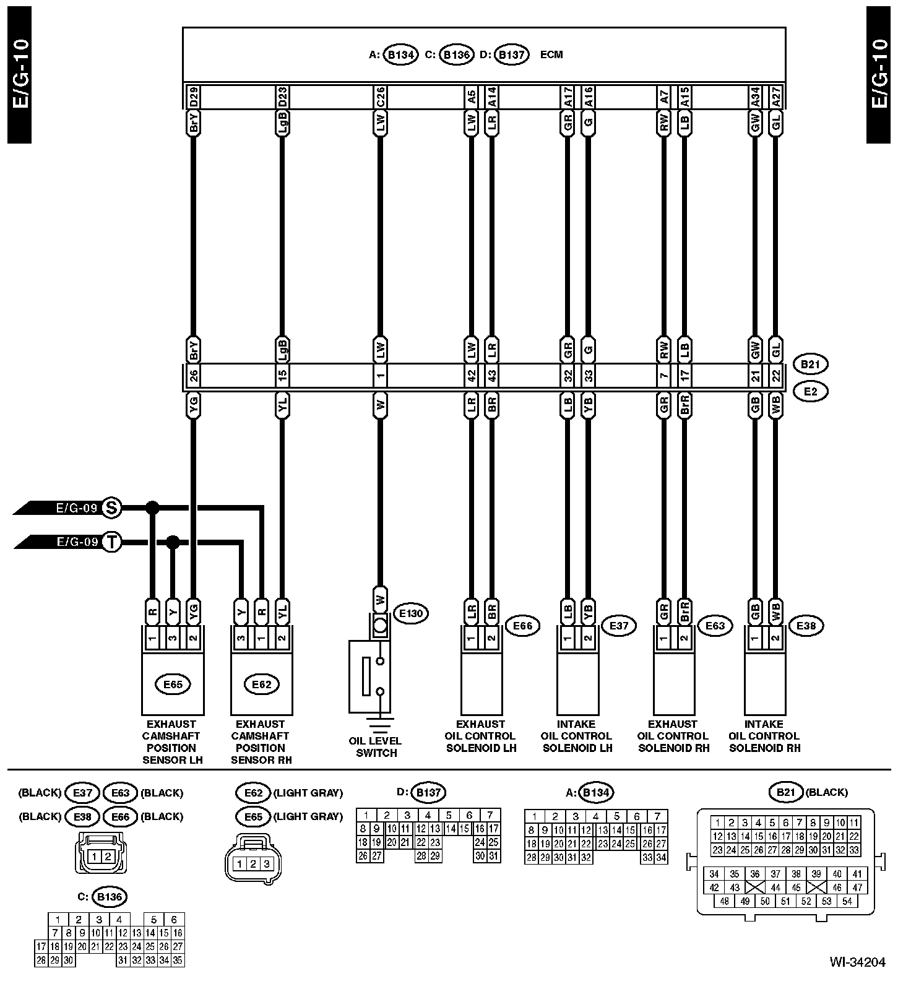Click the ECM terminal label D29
193,97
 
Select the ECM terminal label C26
380,97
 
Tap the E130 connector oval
410,613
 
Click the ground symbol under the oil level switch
380,722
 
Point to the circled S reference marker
111,508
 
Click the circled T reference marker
111,542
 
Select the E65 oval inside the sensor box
173,684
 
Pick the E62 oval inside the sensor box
261,684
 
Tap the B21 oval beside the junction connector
810,364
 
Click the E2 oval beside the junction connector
810,391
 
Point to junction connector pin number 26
193,375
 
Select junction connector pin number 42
472,375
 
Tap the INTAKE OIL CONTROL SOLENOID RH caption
764,736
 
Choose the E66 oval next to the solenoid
522,626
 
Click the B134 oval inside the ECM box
400,54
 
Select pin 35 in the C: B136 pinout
177,961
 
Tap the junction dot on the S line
152,508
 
